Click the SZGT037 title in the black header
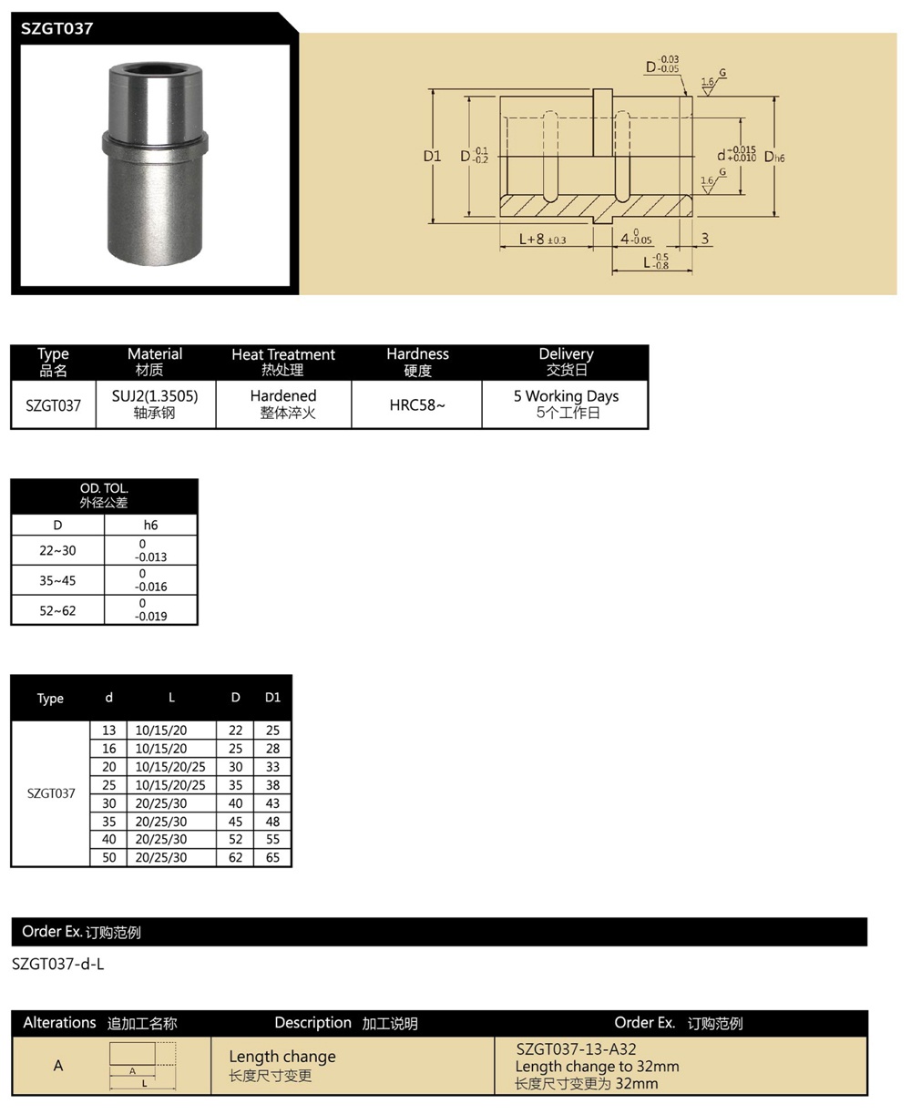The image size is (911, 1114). pyautogui.click(x=57, y=28)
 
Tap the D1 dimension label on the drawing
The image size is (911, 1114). pyautogui.click(x=432, y=156)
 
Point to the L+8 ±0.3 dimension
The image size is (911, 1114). pyautogui.click(x=543, y=239)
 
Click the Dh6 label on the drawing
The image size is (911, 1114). pyautogui.click(x=774, y=157)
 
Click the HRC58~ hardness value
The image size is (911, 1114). pyautogui.click(x=417, y=405)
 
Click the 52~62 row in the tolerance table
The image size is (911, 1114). pyautogui.click(x=57, y=610)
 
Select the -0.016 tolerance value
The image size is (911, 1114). pyautogui.click(x=151, y=587)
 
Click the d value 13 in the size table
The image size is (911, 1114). pyautogui.click(x=109, y=731)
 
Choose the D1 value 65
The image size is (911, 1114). pyautogui.click(x=272, y=857)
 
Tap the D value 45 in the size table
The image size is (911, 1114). pyautogui.click(x=236, y=821)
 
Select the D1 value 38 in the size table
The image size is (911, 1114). pyautogui.click(x=272, y=785)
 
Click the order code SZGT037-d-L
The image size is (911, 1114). pyautogui.click(x=58, y=964)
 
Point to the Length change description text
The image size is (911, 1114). pyautogui.click(x=282, y=1057)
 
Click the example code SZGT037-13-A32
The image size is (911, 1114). pyautogui.click(x=576, y=1049)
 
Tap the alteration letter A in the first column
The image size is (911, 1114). pyautogui.click(x=58, y=1065)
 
